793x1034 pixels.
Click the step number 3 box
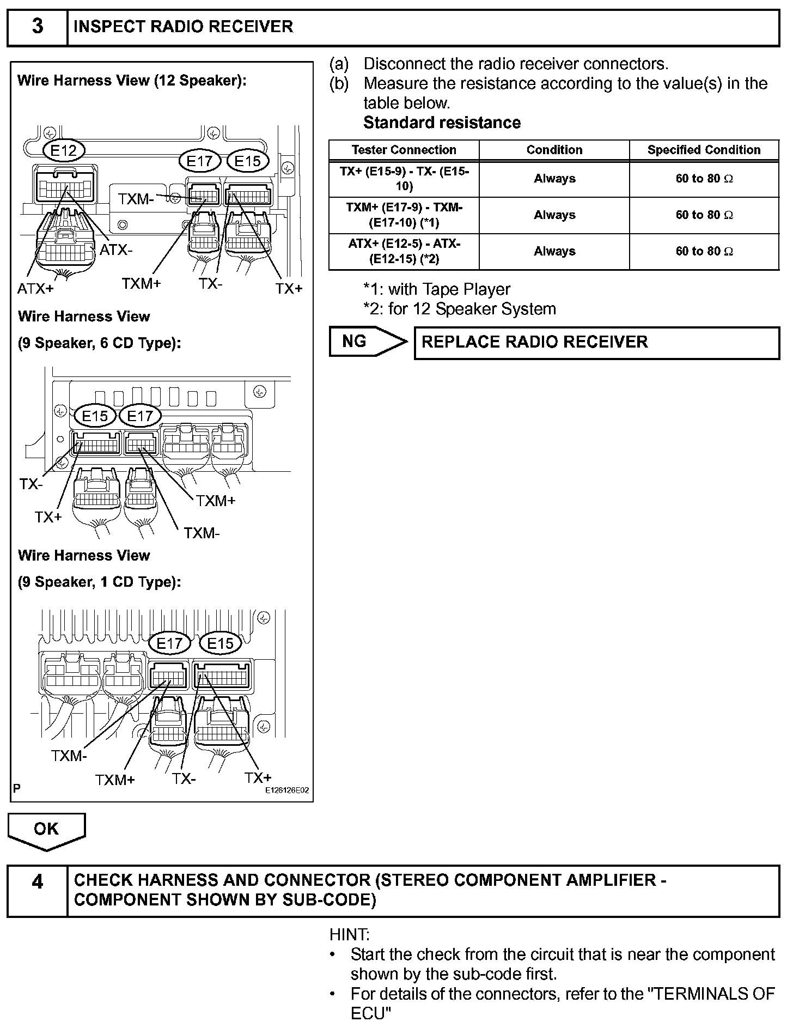pyautogui.click(x=37, y=27)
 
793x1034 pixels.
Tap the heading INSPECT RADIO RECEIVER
pyautogui.click(x=183, y=27)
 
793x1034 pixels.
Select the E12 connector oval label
pyautogui.click(x=64, y=150)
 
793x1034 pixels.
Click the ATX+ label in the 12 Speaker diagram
pyautogui.click(x=36, y=289)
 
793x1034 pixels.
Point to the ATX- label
pyautogui.click(x=116, y=250)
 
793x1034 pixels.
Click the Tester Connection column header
pyautogui.click(x=404, y=150)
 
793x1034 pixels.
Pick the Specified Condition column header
pyautogui.click(x=704, y=150)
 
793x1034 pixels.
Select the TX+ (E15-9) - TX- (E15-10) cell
pyautogui.click(x=404, y=179)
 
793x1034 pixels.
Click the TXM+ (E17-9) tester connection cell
pyautogui.click(x=404, y=215)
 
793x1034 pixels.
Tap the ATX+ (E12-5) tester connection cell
pyautogui.click(x=404, y=251)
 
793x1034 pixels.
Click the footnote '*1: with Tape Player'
pyautogui.click(x=437, y=289)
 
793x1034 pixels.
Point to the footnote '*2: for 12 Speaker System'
pyautogui.click(x=460, y=309)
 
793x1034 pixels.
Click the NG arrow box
pyautogui.click(x=366, y=342)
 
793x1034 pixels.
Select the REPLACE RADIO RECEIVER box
pyautogui.click(x=596, y=342)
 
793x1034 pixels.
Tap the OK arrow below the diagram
pyautogui.click(x=46, y=829)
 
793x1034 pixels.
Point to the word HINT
pyautogui.click(x=349, y=935)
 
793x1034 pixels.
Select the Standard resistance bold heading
pyautogui.click(x=442, y=123)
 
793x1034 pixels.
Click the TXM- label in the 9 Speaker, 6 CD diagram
pyautogui.click(x=202, y=532)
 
